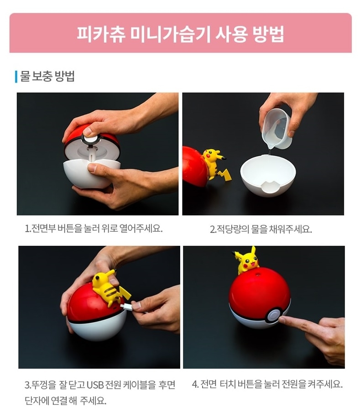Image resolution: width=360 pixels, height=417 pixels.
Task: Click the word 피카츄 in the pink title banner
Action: coord(101,34)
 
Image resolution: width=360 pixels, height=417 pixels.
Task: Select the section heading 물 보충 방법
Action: coord(47,76)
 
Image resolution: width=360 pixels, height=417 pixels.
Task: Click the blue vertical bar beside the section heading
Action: coord(16,77)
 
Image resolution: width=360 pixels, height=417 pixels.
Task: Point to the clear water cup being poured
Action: coord(276,129)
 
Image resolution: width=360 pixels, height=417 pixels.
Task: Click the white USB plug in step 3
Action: coord(127,307)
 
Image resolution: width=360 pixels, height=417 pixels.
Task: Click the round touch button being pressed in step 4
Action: coord(273,316)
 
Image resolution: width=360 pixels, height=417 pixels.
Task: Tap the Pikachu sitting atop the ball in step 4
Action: coord(246,261)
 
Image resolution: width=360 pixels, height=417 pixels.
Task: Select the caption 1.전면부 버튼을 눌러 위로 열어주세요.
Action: coord(94,228)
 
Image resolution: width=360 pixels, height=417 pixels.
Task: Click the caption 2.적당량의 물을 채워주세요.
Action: coord(261,229)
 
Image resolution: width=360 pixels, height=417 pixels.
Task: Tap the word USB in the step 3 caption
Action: coord(95,385)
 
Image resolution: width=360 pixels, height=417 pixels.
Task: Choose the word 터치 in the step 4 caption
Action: coord(228,384)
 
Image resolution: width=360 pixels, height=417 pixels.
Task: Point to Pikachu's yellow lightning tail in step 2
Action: coord(224,174)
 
